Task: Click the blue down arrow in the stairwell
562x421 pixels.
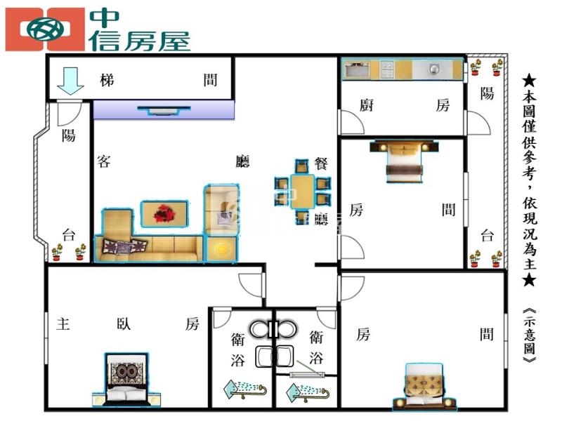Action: [70, 81]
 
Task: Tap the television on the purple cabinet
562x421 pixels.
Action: [164, 110]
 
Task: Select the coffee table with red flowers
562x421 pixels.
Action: [164, 214]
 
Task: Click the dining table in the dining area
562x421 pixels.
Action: [303, 192]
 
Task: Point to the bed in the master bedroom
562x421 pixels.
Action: [126, 380]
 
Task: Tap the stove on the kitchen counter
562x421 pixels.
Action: [387, 69]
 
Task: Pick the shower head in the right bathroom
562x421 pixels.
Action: [308, 393]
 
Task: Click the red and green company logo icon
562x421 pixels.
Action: [45, 29]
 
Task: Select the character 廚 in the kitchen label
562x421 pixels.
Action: [366, 105]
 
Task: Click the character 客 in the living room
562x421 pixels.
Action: [104, 161]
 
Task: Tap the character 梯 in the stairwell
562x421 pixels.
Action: [107, 80]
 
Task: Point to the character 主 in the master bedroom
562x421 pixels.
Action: [63, 324]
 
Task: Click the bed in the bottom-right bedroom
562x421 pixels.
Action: [424, 387]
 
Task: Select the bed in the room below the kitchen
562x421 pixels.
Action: [405, 161]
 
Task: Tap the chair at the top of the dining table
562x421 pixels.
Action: [302, 166]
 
